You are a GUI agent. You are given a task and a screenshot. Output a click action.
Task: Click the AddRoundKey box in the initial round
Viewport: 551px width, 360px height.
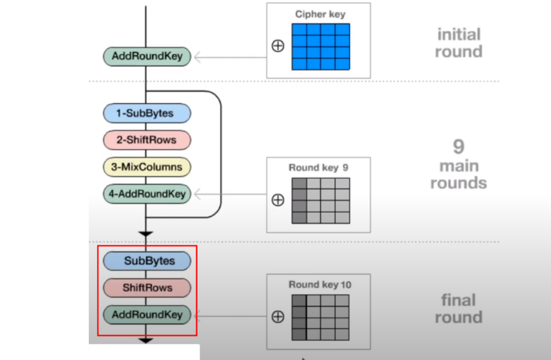(147, 57)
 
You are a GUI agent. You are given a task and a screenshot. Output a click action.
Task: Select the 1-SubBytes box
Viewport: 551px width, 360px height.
(147, 113)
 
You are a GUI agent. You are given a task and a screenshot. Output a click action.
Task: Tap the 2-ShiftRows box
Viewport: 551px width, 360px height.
(147, 140)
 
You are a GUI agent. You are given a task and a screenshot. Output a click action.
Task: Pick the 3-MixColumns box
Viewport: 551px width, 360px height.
(147, 167)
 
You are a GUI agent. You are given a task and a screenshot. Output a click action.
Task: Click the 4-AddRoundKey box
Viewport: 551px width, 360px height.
(147, 194)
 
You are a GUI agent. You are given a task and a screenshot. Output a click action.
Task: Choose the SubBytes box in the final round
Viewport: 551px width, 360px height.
(147, 261)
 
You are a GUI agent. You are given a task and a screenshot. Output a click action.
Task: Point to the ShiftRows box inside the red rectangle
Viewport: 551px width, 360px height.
(147, 287)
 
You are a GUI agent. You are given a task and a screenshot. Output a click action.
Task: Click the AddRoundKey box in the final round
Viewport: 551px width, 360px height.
(147, 315)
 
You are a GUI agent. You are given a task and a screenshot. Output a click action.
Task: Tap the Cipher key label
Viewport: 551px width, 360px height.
(320, 15)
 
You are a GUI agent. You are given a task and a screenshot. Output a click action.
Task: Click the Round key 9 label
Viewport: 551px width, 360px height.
(319, 168)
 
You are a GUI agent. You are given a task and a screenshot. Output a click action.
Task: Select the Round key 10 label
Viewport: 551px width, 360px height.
(320, 285)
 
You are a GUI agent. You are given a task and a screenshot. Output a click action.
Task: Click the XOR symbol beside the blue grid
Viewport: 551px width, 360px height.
(278, 46)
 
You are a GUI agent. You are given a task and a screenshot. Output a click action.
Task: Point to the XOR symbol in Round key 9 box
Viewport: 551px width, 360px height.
(278, 200)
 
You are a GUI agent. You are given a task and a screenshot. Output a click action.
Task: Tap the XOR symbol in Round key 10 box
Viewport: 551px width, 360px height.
(278, 317)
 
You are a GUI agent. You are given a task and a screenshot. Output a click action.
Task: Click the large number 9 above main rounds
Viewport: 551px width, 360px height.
(458, 146)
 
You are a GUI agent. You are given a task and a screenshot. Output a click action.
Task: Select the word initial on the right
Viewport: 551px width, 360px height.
(459, 34)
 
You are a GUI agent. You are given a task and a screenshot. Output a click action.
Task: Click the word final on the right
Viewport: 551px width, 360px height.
(458, 300)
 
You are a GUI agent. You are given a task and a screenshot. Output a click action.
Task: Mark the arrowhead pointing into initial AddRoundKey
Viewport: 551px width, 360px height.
(197, 57)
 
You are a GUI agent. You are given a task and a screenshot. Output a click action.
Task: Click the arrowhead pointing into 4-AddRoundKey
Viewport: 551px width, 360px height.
(197, 194)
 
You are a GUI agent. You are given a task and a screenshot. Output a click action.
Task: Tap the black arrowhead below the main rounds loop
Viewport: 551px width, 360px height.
(146, 234)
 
